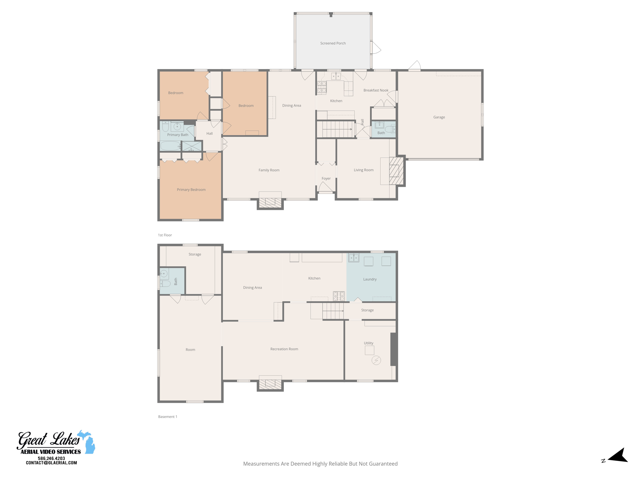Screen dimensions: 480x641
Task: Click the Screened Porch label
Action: point(333,43)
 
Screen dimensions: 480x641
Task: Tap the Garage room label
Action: point(439,117)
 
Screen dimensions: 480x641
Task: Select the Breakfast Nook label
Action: point(376,90)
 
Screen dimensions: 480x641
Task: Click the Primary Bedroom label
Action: point(191,190)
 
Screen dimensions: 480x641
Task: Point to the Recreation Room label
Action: point(284,349)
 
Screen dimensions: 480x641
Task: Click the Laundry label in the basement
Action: point(370,279)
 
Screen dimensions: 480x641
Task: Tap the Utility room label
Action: point(368,343)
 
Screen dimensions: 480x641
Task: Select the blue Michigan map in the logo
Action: point(88,442)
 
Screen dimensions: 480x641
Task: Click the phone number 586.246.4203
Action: point(51,458)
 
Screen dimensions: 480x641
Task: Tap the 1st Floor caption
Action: point(165,235)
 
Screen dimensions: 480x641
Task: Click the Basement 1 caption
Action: point(167,417)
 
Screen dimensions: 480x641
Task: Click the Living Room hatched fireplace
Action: point(396,171)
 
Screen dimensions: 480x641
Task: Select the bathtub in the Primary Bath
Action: point(170,146)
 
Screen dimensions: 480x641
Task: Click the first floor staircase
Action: point(336,129)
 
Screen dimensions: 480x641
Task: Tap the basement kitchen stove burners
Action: point(339,296)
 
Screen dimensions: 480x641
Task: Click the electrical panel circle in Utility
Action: point(376,360)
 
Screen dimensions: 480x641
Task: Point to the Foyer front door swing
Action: point(325,187)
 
